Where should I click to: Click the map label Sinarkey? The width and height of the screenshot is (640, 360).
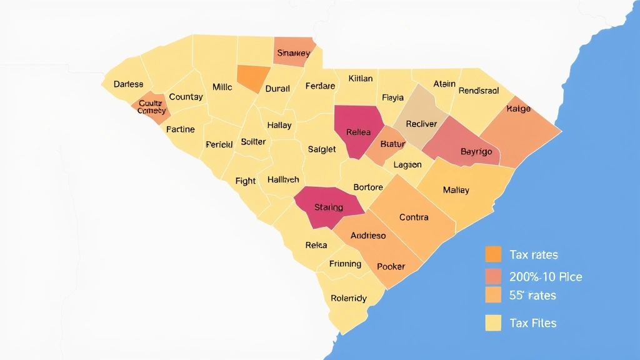pos(293,53)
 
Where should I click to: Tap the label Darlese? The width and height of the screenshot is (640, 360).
pos(128,84)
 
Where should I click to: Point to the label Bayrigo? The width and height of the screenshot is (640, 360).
pos(476,152)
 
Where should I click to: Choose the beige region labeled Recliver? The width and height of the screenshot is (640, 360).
pos(421,124)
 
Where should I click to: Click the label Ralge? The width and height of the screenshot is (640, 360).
pos(518,109)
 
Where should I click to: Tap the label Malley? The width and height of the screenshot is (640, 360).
pos(456,190)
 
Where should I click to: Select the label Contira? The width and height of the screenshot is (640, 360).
pos(414,217)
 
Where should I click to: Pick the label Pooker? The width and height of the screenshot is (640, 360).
pos(391,266)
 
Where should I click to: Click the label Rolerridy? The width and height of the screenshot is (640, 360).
pos(349,298)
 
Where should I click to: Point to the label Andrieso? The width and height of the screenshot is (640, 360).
pos(368,236)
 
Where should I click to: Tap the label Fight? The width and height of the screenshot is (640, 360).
pos(246,181)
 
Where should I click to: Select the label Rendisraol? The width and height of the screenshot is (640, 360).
pos(479,91)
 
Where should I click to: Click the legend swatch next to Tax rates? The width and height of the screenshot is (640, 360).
pos(493,254)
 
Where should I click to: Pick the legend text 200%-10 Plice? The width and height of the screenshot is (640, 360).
pos(546,277)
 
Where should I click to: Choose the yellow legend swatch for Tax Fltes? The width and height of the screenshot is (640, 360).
pos(493,322)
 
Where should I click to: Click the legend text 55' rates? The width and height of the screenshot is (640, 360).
pos(532,295)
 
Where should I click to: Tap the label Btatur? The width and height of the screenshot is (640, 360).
pos(392,144)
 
